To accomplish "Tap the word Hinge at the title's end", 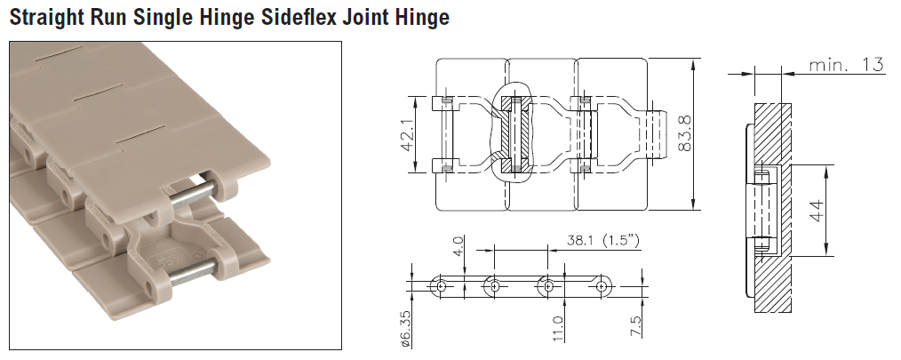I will point(418,17).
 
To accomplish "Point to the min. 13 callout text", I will point(847,64).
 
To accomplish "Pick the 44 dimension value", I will point(816,211).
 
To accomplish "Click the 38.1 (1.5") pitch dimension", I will point(600,240).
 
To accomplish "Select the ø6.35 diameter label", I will point(404,329).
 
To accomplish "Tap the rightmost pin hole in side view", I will point(603,286).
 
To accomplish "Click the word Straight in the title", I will point(44,17).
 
